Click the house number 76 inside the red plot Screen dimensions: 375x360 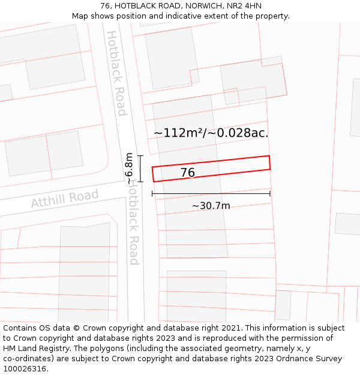pos(188,173)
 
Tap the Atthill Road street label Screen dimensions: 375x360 pos(65,199)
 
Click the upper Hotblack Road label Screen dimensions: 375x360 pos(116,73)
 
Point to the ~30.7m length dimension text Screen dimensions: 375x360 pos(211,206)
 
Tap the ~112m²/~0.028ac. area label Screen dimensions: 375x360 pos(211,133)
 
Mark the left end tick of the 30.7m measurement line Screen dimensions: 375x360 pos(152,193)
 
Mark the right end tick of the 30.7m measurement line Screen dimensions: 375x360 pos(270,193)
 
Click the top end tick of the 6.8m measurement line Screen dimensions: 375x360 pos(140,156)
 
